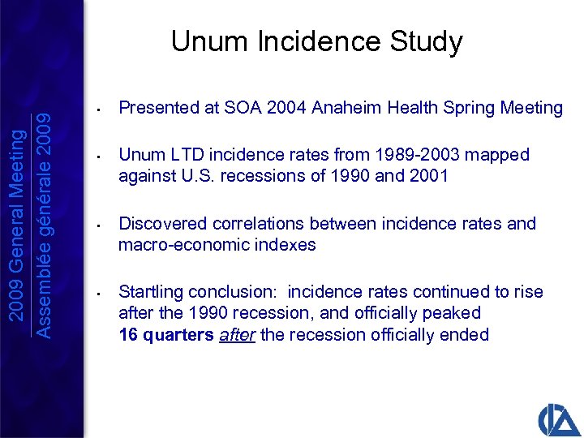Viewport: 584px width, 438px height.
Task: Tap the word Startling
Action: pyautogui.click(x=152, y=292)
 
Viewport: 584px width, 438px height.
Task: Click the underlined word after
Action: pyautogui.click(x=238, y=334)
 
